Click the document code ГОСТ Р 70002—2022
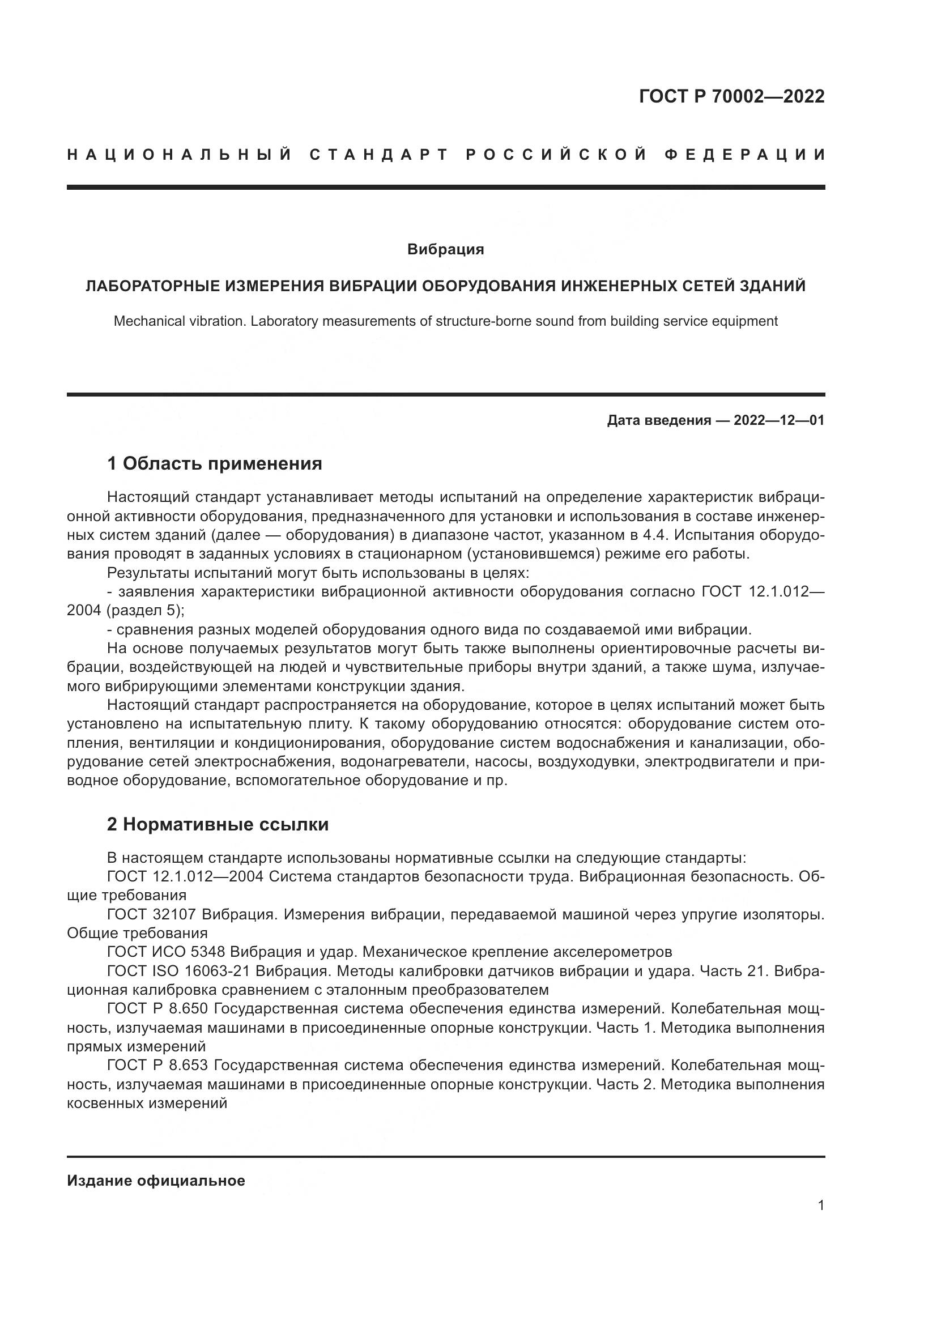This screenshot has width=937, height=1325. point(731,96)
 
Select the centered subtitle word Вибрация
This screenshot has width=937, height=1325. point(445,250)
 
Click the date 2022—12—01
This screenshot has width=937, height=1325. point(779,421)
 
